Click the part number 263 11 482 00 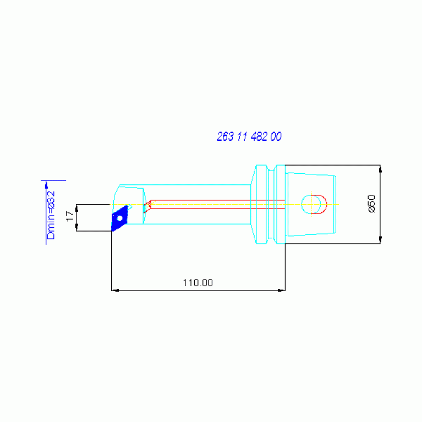[x=249, y=137]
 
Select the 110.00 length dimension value [x=198, y=283]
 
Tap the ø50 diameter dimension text [x=371, y=204]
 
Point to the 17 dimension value [x=69, y=216]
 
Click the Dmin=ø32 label [x=51, y=215]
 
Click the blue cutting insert [x=120, y=217]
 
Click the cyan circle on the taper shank [x=311, y=204]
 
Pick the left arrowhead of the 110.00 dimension [x=114, y=290]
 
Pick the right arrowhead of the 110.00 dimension [x=282, y=290]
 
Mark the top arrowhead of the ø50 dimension [x=380, y=168]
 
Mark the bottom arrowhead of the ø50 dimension [x=380, y=240]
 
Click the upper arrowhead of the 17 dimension [x=76, y=207]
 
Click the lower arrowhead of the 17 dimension [x=76, y=228]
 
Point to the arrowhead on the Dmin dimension [x=46, y=184]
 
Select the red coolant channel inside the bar [x=215, y=204]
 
